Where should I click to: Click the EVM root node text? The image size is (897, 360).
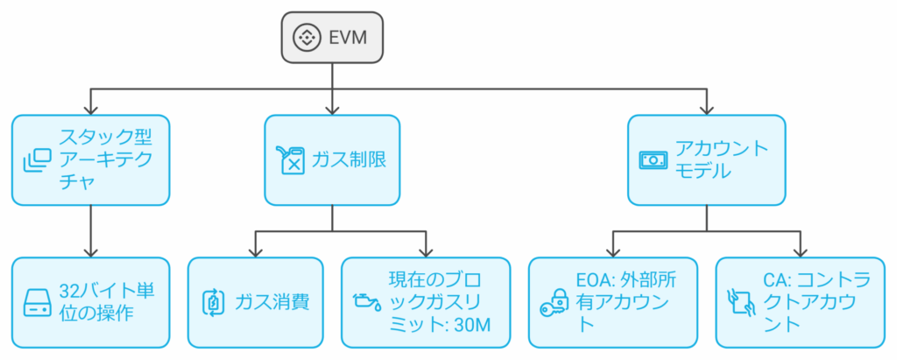(347, 38)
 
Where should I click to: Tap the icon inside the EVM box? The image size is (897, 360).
(307, 38)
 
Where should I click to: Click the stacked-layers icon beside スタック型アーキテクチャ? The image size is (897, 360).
(38, 160)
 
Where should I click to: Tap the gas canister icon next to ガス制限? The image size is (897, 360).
(290, 160)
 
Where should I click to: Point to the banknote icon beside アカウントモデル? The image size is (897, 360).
(653, 160)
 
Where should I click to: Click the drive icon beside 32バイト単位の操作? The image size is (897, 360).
(39, 302)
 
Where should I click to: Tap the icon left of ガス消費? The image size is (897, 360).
(213, 302)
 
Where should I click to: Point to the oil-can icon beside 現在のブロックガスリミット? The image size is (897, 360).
(364, 302)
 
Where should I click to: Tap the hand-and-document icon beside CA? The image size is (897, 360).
(741, 302)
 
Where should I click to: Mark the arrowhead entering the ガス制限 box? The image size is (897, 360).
(332, 110)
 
